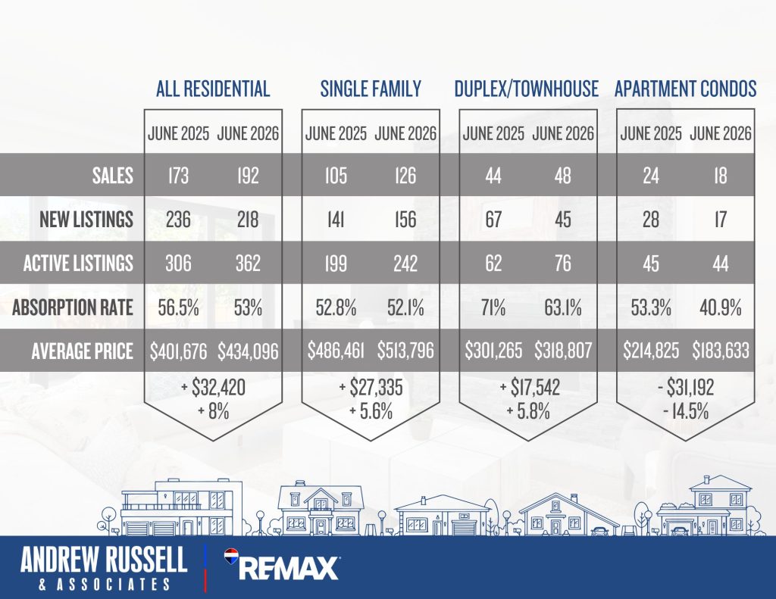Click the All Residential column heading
(x=213, y=89)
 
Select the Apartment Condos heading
(x=685, y=89)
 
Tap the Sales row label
(x=113, y=176)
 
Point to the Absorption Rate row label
(x=73, y=307)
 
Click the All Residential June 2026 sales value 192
(x=248, y=176)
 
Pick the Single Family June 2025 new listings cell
(x=336, y=219)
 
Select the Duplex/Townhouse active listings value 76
(x=563, y=263)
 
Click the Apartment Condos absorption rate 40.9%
(x=721, y=307)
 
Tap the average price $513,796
(x=405, y=351)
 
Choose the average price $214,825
(x=651, y=351)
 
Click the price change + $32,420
(x=213, y=387)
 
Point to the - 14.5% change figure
(x=685, y=411)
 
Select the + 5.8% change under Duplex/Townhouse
(x=528, y=411)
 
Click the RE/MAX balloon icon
(x=231, y=557)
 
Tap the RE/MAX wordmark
(x=289, y=569)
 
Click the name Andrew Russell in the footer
(x=103, y=560)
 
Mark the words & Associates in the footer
(x=104, y=585)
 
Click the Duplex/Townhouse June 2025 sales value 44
(x=493, y=176)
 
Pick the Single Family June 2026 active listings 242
(x=405, y=263)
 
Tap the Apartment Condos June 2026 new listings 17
(x=721, y=219)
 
